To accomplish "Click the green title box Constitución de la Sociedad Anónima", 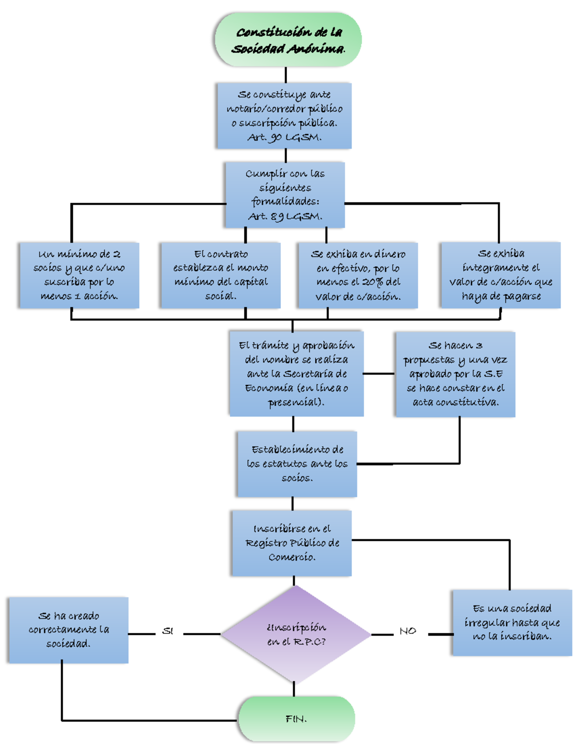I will click(x=287, y=40).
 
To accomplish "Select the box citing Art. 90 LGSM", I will click(x=284, y=115).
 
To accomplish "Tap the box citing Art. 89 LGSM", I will click(x=285, y=195).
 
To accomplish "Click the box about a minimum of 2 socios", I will click(x=79, y=275).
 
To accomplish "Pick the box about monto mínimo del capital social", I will click(x=220, y=275).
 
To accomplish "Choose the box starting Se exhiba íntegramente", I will click(x=500, y=275).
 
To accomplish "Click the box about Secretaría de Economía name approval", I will click(x=296, y=374).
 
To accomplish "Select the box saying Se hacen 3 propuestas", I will click(x=455, y=374).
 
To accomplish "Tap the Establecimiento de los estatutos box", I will click(x=297, y=464).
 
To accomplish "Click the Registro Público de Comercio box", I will click(x=292, y=543).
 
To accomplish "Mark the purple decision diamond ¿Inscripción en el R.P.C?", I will click(x=296, y=634).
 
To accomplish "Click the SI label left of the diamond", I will click(x=167, y=631).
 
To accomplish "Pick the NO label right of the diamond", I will click(x=408, y=631).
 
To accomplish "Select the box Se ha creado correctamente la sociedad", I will click(x=69, y=630).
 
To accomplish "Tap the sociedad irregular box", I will click(x=512, y=622).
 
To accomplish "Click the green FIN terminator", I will click(x=296, y=719).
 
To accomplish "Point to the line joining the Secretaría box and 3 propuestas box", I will click(x=379, y=374).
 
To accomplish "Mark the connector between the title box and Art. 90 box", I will click(x=286, y=75).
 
